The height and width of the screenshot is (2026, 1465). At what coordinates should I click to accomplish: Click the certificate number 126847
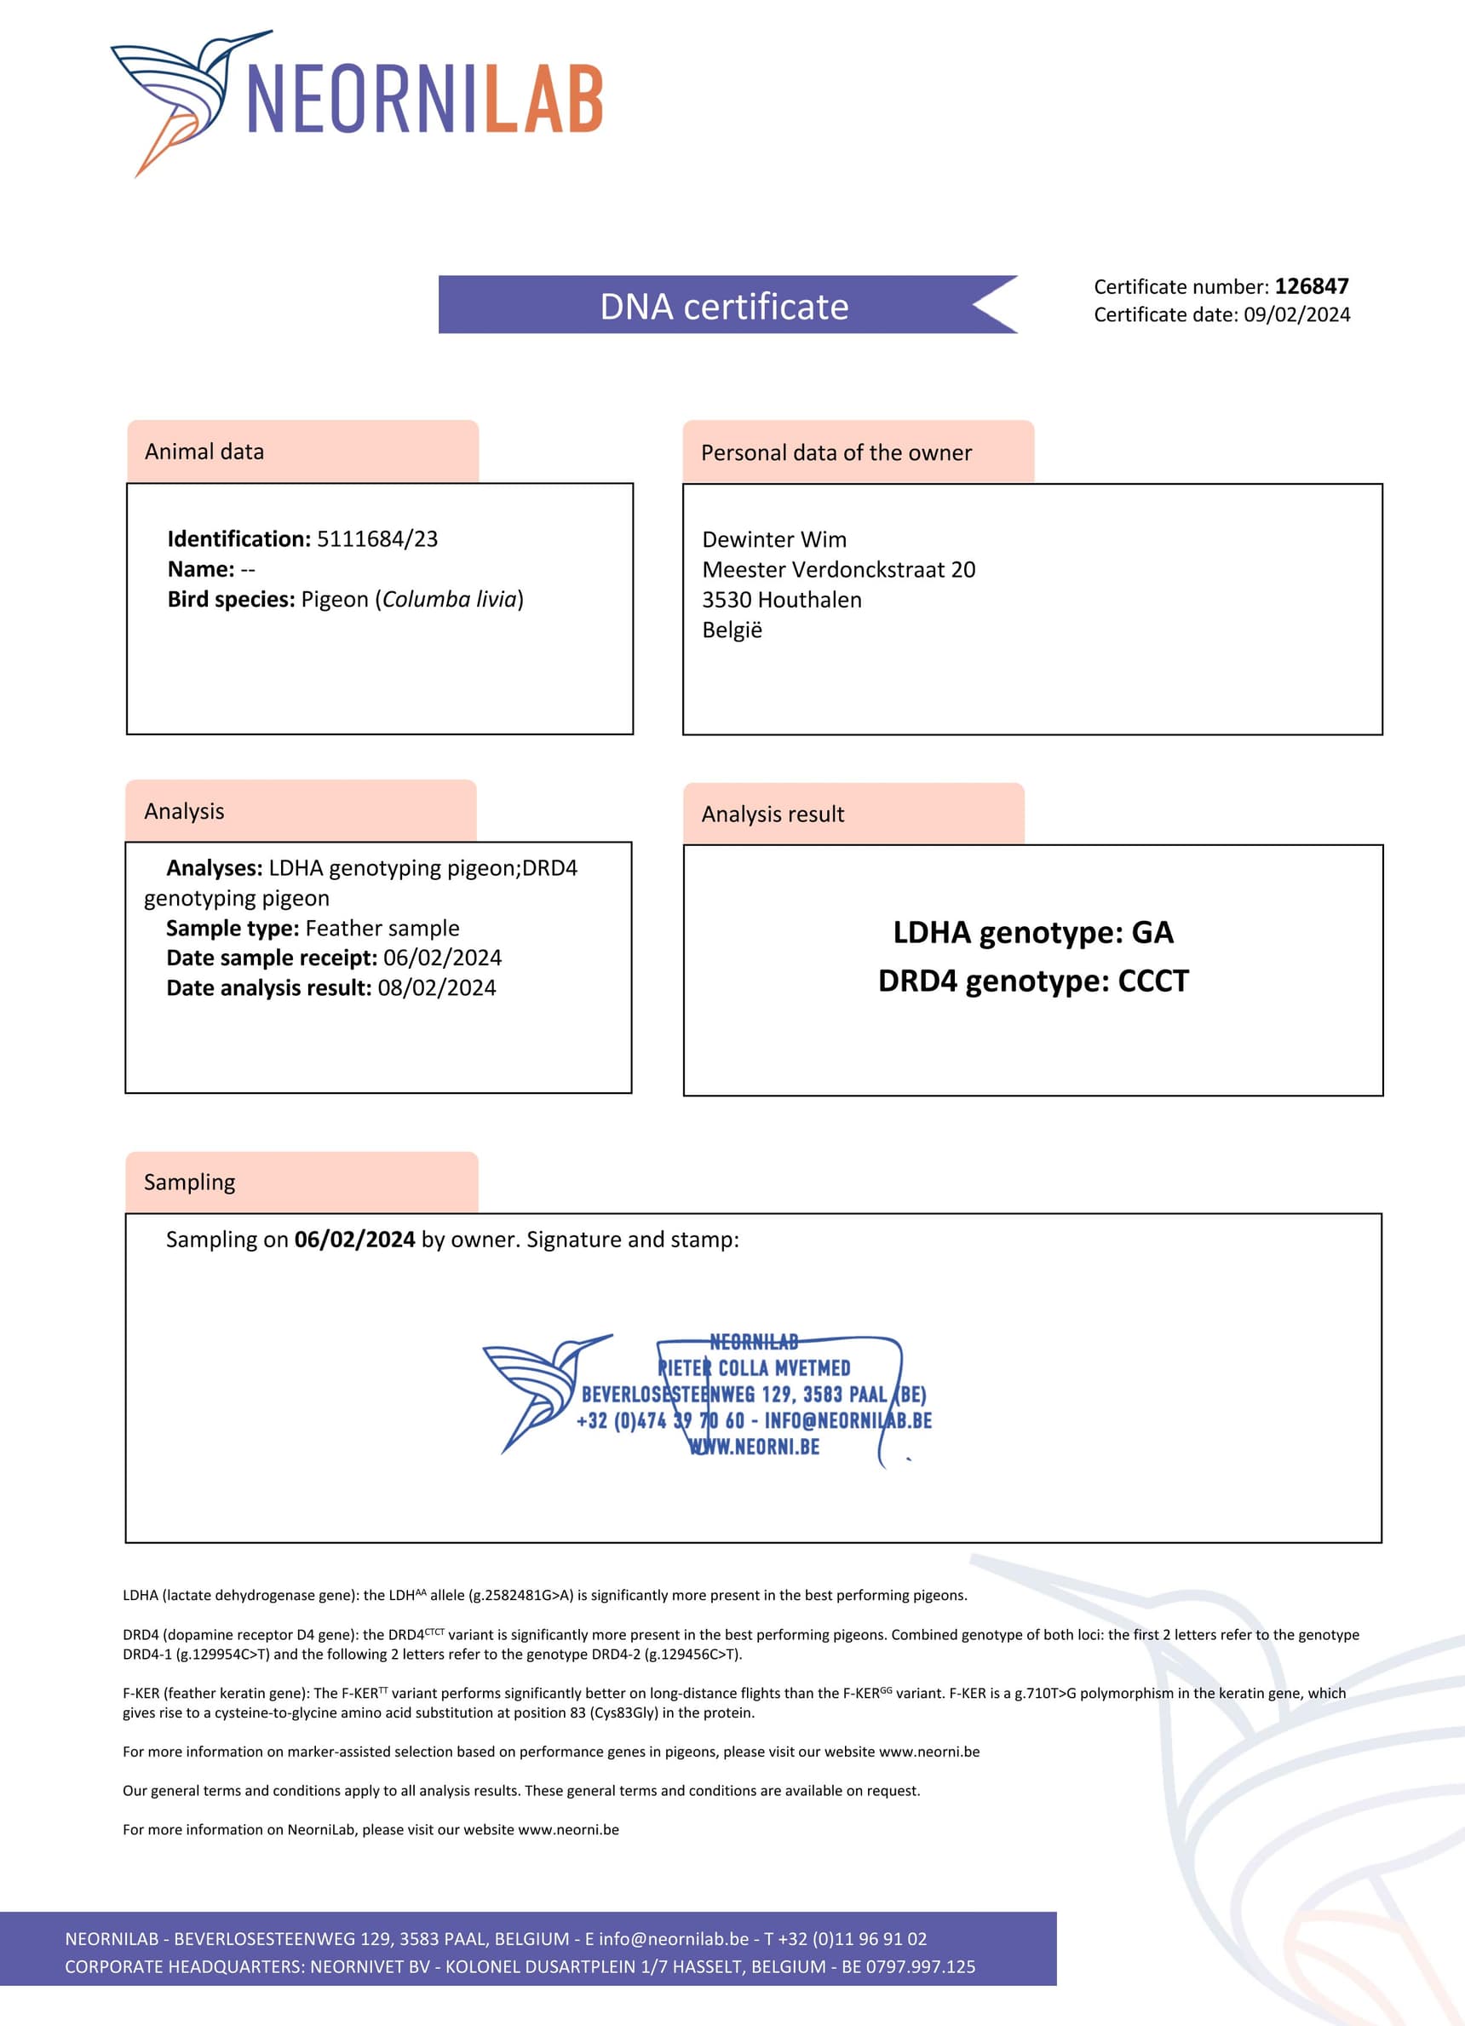(1311, 287)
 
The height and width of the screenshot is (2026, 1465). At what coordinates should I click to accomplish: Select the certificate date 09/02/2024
(1296, 314)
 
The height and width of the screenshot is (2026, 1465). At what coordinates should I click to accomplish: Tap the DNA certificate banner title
(724, 307)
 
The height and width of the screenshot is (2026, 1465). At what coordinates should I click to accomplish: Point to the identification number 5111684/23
(377, 538)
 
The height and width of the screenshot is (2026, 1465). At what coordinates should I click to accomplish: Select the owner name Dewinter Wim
(773, 539)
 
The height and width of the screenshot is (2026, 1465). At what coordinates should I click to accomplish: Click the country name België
(732, 630)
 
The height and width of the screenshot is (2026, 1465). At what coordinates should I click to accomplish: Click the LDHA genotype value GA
(1152, 933)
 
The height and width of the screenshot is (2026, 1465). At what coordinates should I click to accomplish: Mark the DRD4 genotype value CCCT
(1153, 981)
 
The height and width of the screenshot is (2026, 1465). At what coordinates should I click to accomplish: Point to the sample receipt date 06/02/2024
(442, 958)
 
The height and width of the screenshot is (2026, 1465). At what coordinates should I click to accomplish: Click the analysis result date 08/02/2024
(437, 988)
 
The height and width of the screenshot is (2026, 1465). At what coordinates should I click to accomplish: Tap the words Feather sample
(382, 928)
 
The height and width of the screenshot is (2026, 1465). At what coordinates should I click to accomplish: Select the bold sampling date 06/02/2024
(354, 1240)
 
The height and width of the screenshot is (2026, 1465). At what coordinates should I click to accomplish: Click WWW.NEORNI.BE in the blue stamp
(755, 1448)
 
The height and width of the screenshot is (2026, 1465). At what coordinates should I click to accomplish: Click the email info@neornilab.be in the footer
(674, 1939)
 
